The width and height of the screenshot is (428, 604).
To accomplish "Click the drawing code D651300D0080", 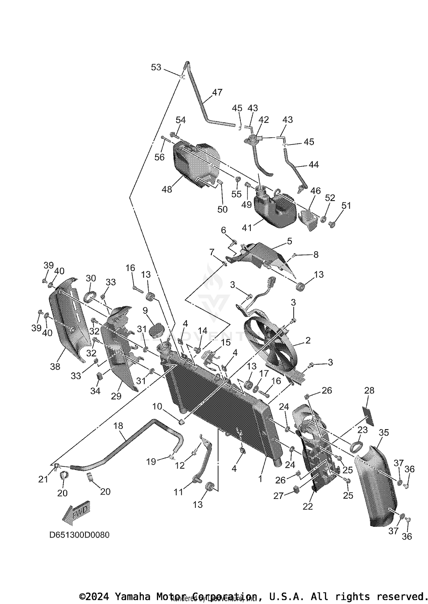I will (x=79, y=535).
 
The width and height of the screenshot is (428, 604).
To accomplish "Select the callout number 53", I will (x=156, y=67).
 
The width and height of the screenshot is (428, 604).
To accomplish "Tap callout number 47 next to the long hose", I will (x=217, y=93).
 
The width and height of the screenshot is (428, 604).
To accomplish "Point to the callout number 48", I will (x=167, y=189).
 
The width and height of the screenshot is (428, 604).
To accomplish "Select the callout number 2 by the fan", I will (x=308, y=340).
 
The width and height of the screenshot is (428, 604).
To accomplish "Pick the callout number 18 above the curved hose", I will (x=118, y=426).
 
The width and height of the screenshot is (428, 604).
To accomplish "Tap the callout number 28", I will (x=369, y=390).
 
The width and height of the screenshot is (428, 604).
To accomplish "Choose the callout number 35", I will (x=384, y=433).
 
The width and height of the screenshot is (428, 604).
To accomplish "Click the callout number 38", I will (x=55, y=366).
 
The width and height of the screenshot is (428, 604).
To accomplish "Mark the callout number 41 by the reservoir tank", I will (x=247, y=228).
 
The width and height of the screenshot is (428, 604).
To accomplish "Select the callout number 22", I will (x=308, y=506).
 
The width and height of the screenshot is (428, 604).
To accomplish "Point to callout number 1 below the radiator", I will (x=260, y=478).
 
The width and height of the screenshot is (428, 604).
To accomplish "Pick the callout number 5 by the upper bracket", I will (x=289, y=241).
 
